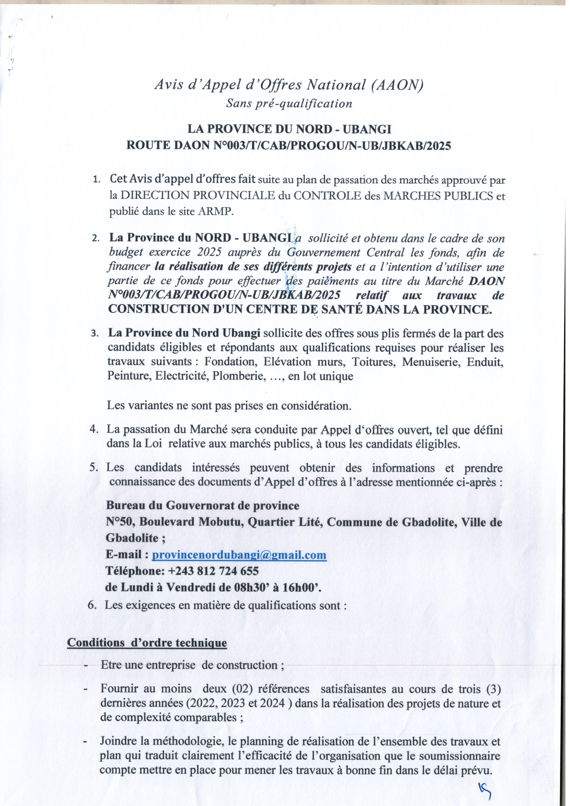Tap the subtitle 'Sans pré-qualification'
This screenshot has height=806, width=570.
289,104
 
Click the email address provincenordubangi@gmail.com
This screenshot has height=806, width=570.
239,555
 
